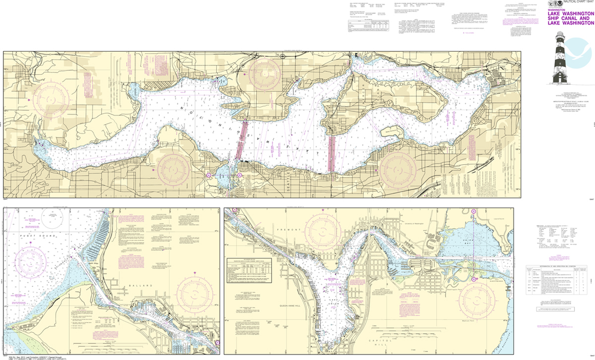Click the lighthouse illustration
point(560,57)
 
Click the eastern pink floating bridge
point(332,153)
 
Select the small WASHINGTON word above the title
point(557,9)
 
